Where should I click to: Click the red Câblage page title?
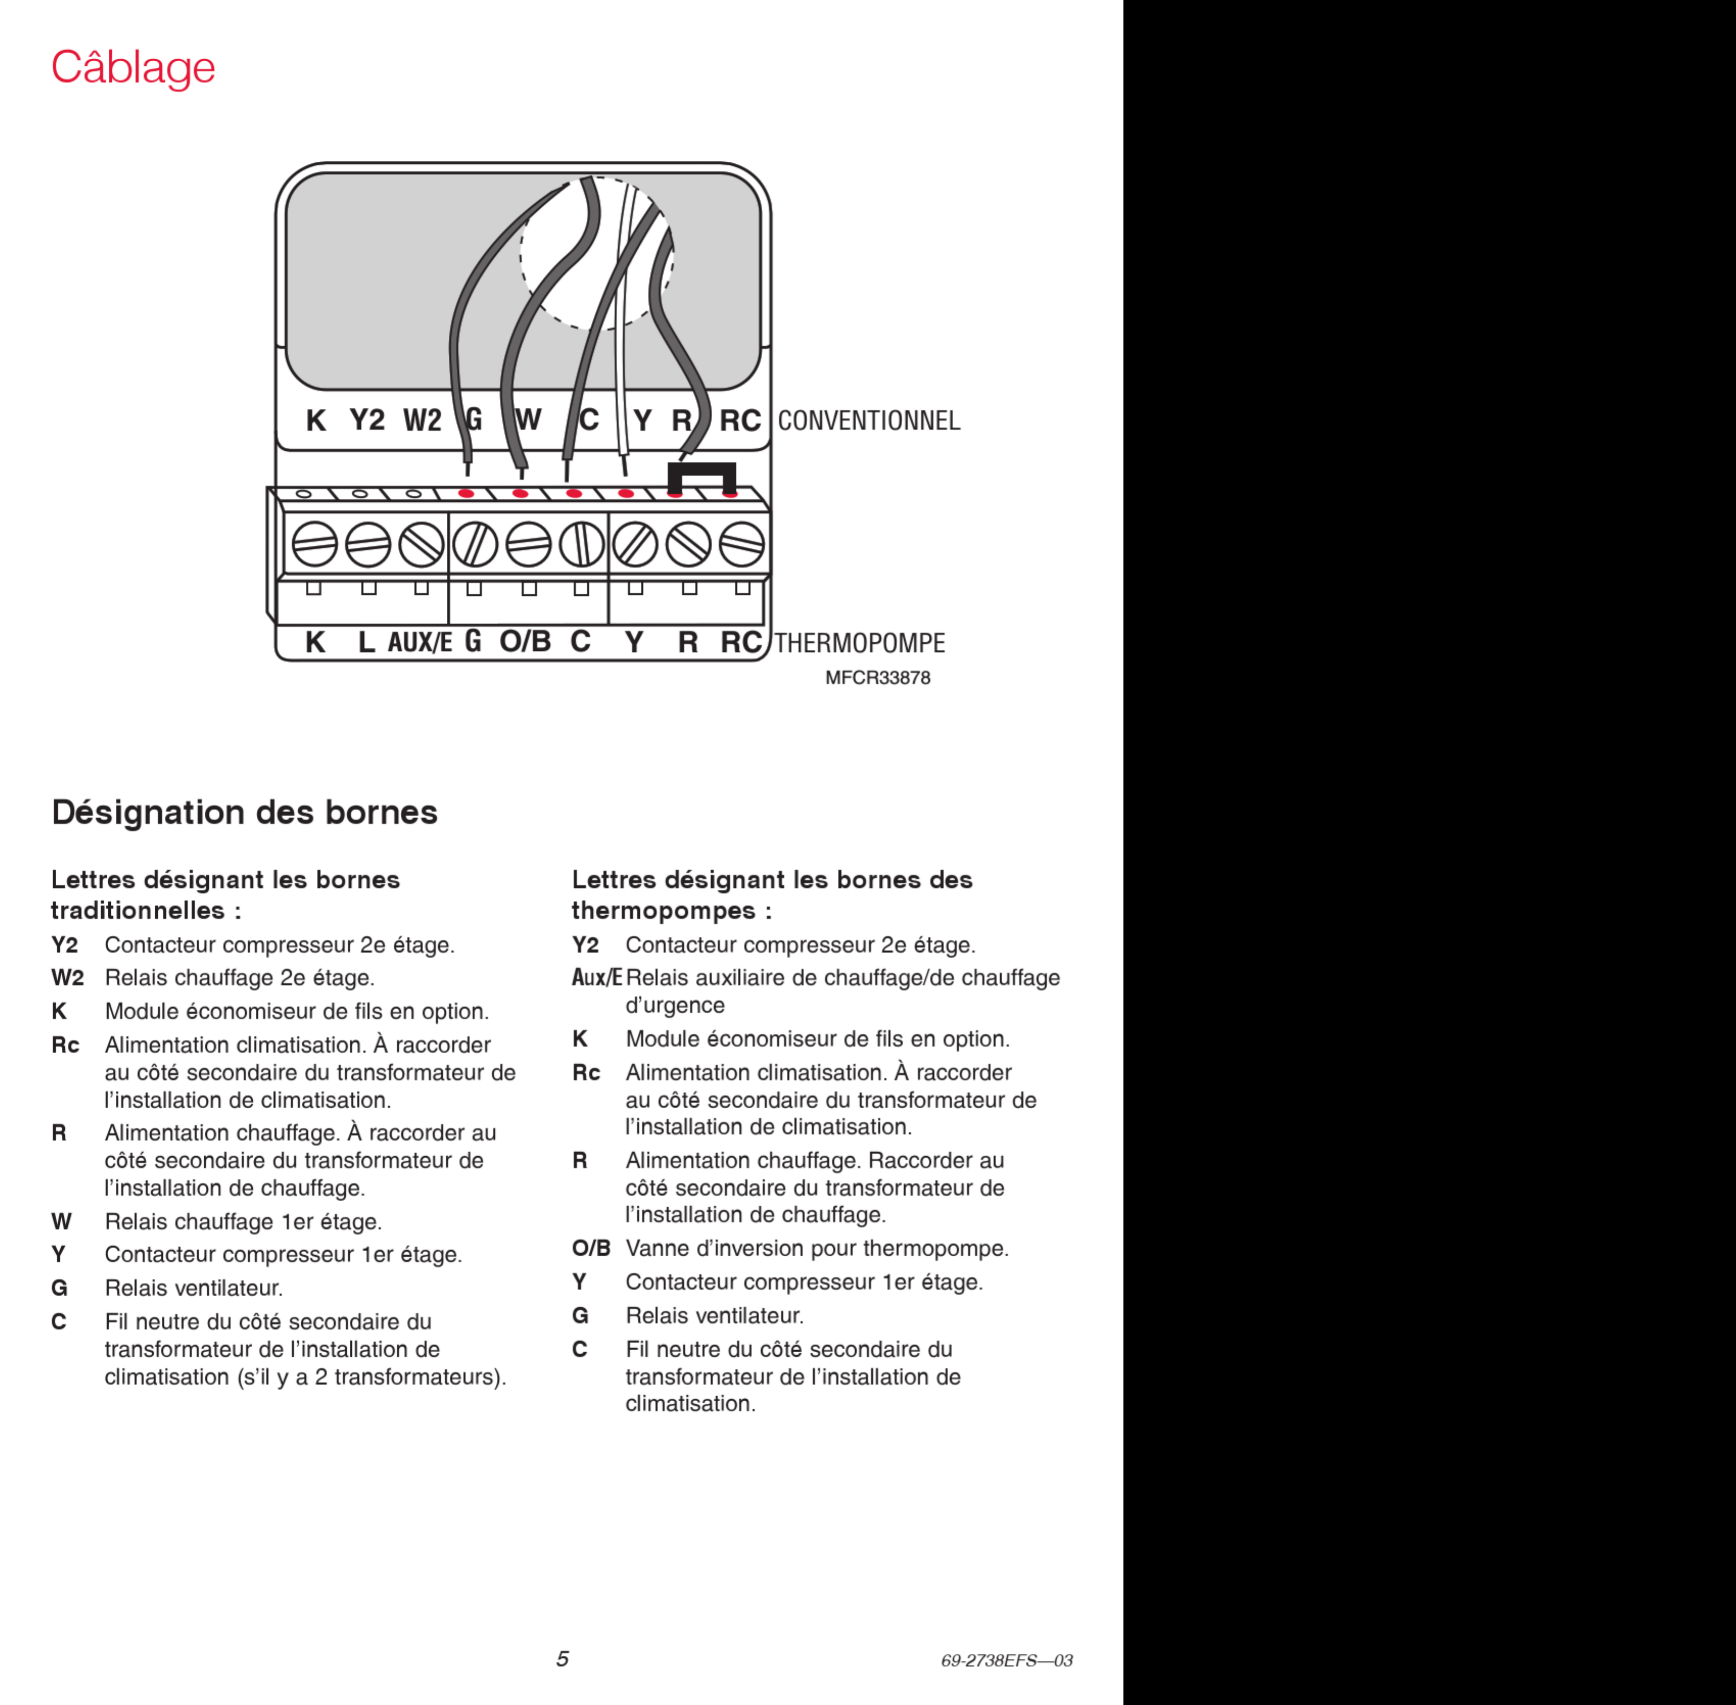click(133, 68)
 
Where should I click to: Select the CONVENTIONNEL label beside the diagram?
click(868, 421)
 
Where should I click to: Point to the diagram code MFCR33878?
click(877, 678)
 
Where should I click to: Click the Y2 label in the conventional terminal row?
click(367, 420)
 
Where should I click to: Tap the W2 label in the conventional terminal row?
click(422, 420)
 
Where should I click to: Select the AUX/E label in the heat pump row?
click(419, 642)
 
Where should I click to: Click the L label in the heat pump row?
click(366, 642)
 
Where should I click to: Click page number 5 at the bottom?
click(562, 1659)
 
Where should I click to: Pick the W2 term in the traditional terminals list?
click(67, 978)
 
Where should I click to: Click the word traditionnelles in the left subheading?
click(137, 911)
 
